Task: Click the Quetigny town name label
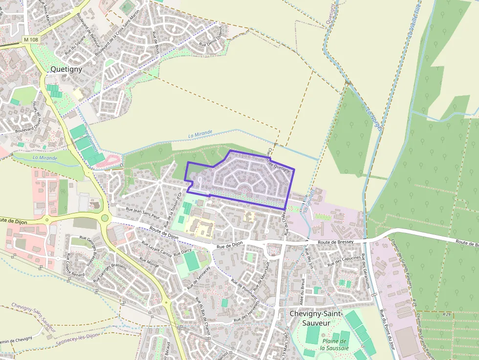(x=66, y=69)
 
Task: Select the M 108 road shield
(x=30, y=39)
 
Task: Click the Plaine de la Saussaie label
(x=334, y=344)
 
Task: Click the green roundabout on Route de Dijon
(x=105, y=218)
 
